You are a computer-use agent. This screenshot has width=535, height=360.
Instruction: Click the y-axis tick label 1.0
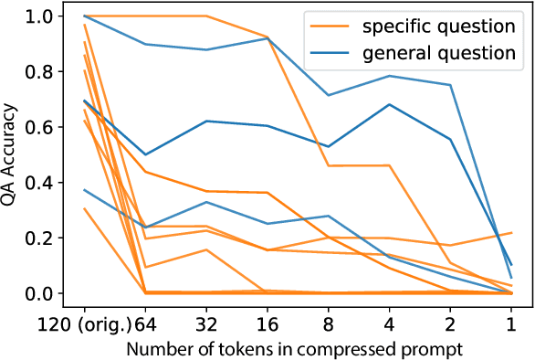tap(44, 16)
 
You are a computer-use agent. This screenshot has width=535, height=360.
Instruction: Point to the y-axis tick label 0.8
tap(44, 71)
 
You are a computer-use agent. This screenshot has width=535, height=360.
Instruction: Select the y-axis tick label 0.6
tap(44, 127)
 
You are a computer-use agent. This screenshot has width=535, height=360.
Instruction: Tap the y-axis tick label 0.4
tap(44, 183)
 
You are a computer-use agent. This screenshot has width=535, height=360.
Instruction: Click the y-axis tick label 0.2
tap(44, 238)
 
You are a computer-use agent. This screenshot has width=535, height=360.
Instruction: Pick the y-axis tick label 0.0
tap(44, 293)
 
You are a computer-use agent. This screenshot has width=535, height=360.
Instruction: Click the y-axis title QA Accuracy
tap(13, 154)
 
